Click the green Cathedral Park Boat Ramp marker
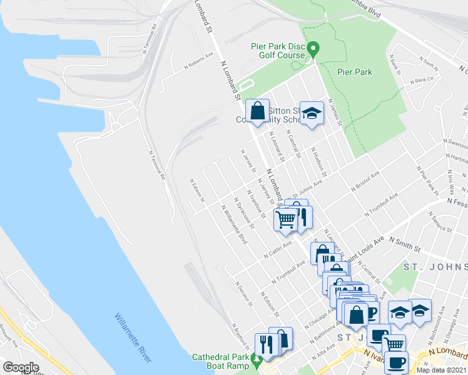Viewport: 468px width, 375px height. tap(256, 360)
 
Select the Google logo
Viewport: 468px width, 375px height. tap(21, 367)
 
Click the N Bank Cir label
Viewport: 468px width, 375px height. tap(422, 80)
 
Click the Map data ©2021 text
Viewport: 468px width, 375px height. tap(441, 370)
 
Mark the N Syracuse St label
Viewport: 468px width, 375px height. tap(243, 212)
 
